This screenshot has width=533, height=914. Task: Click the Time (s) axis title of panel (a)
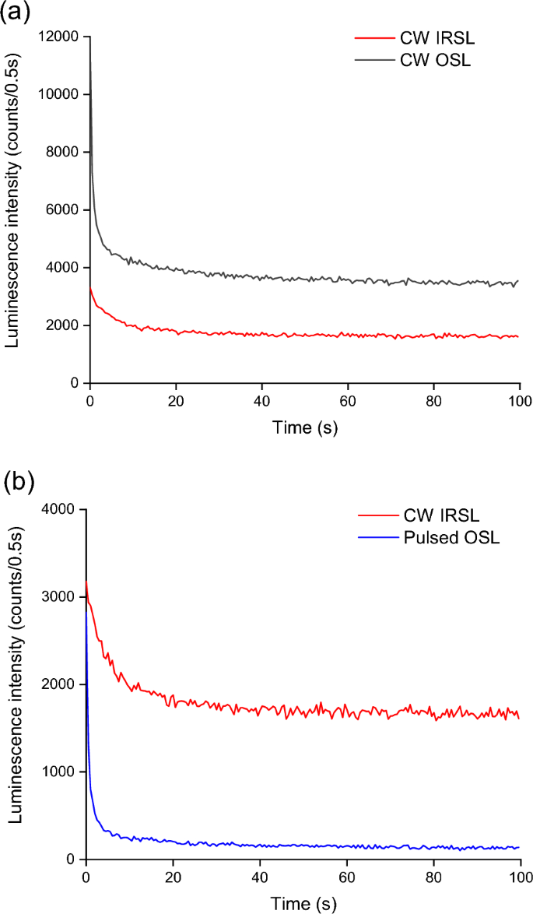click(304, 427)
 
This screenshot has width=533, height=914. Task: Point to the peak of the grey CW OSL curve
click(90, 62)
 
